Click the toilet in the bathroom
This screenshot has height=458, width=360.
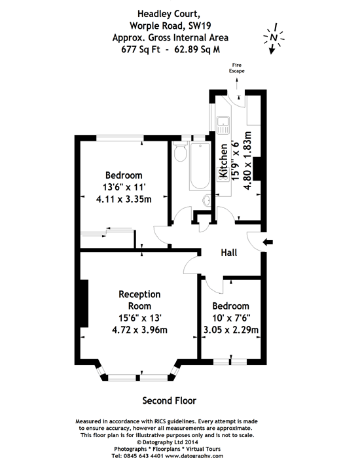pyautogui.click(x=180, y=151)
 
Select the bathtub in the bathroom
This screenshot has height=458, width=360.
pyautogui.click(x=200, y=166)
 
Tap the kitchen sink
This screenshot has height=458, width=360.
pyautogui.click(x=223, y=125)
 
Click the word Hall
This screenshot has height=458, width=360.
pyautogui.click(x=229, y=253)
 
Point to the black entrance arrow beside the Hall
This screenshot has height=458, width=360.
pyautogui.click(x=268, y=242)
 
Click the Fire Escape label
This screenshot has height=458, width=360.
pyautogui.click(x=237, y=68)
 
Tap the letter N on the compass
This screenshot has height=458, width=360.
pyautogui.click(x=274, y=37)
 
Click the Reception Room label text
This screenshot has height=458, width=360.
pyautogui.click(x=139, y=300)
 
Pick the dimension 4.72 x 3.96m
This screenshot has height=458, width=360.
pyautogui.click(x=139, y=330)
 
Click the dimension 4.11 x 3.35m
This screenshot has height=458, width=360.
pyautogui.click(x=124, y=199)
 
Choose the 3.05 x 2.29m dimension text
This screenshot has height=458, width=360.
pyautogui.click(x=231, y=330)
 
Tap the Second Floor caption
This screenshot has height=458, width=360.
pyautogui.click(x=169, y=400)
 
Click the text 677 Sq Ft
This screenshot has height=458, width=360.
pyautogui.click(x=141, y=49)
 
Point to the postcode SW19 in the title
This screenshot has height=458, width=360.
pyautogui.click(x=200, y=26)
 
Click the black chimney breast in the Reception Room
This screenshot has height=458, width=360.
pyautogui.click(x=84, y=304)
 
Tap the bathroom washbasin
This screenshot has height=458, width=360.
pyautogui.click(x=207, y=200)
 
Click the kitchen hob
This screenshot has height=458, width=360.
pyautogui.click(x=223, y=175)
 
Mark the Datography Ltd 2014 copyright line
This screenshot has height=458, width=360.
pyautogui.click(x=168, y=442)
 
